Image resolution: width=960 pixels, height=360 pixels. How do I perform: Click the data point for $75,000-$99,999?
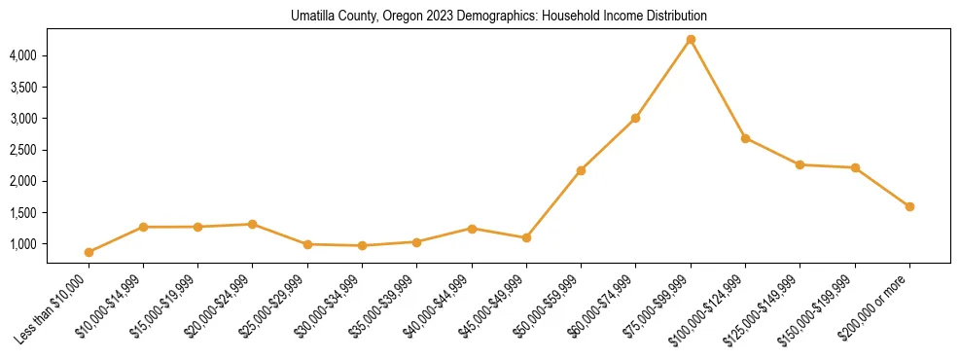[x=691, y=40]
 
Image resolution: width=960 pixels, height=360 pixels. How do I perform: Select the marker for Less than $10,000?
[x=89, y=252]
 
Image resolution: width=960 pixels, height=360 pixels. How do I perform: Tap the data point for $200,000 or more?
[x=909, y=206]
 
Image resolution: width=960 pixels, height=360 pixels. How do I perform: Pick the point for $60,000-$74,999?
[x=635, y=118]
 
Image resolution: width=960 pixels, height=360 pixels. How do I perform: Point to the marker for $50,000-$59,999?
[x=581, y=170]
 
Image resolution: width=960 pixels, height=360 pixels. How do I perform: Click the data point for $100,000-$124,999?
[x=745, y=138]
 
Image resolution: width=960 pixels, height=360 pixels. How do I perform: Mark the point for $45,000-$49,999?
[x=526, y=237]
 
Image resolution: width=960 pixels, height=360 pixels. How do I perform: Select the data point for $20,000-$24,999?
[x=253, y=224]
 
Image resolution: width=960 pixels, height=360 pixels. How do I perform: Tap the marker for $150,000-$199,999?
[x=855, y=167]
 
